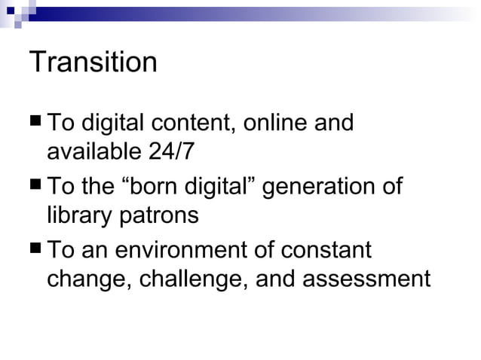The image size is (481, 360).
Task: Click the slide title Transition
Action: [93, 63]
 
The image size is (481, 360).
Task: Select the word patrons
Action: [160, 216]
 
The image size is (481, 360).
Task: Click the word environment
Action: [177, 249]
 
